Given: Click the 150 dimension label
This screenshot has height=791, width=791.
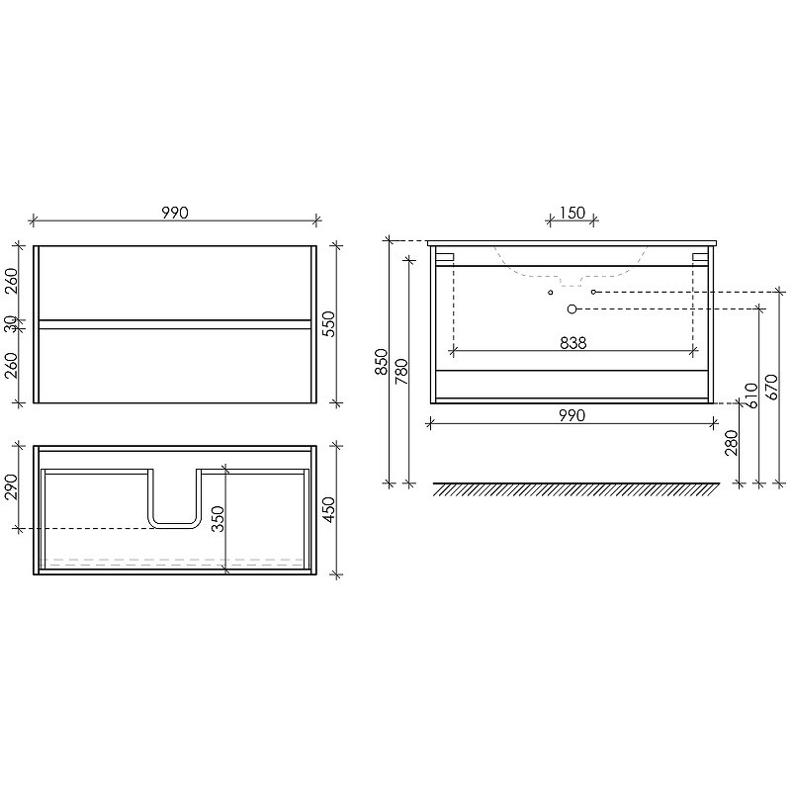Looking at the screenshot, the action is pos(572,213).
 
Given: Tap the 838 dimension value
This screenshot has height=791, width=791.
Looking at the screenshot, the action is pos(573,343).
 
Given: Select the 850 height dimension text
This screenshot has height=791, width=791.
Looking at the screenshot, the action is pos(381,362).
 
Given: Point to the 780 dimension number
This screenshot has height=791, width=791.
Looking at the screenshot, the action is pos(401,372).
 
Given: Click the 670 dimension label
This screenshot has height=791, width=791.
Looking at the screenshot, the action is pos(772,387).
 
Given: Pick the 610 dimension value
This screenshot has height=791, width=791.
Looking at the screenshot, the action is pos(750,396).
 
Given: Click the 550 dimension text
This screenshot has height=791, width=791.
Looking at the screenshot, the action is pos(328,324).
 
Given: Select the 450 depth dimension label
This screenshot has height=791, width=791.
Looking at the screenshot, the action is pos(328,509).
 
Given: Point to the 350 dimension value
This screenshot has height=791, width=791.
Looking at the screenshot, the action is pos(218,518).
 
